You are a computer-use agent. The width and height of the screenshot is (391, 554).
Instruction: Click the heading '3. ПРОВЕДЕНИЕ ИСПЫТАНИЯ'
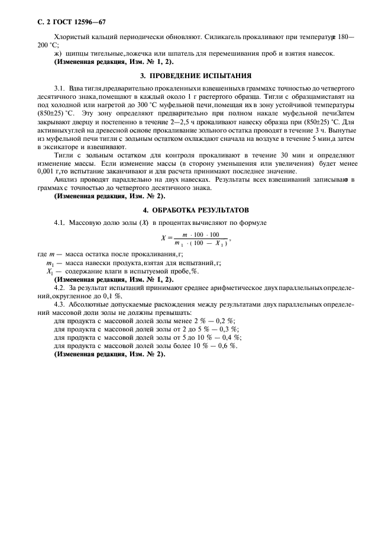click(195, 76)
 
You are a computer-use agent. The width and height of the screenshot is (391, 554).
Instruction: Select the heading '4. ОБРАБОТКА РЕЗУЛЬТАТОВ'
click(195, 210)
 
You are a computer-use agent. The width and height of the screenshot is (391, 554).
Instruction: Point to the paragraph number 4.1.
click(59, 223)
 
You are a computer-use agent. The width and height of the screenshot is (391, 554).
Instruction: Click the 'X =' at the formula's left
click(166, 239)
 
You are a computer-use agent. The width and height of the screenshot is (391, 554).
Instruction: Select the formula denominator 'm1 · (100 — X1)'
click(201, 244)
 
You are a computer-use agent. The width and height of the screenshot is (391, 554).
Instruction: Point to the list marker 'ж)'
click(57, 53)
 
